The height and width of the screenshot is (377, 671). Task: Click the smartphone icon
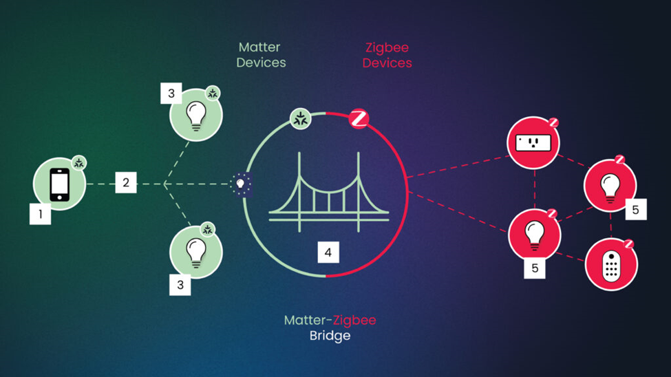tap(60, 184)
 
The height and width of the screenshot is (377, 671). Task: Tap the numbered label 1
tap(41, 214)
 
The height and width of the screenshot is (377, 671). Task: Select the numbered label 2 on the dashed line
tap(126, 183)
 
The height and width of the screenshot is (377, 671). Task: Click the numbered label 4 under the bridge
tap(328, 252)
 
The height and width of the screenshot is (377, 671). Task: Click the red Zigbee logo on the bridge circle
tap(358, 118)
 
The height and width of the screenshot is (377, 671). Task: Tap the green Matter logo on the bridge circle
tap(300, 118)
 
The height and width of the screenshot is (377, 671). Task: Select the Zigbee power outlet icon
tap(533, 143)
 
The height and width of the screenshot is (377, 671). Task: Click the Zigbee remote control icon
tap(610, 265)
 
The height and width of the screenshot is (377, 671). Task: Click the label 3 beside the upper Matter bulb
tap(171, 94)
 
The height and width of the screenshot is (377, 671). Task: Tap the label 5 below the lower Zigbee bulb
tap(535, 268)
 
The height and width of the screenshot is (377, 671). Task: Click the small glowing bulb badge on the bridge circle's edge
tap(241, 184)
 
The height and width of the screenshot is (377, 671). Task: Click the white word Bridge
tap(330, 336)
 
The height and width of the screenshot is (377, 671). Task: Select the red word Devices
tap(387, 63)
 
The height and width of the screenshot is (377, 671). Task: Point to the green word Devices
tap(261, 63)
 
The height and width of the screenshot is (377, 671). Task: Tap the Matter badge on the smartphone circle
tap(79, 163)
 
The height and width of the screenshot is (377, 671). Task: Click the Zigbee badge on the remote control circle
tap(628, 244)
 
